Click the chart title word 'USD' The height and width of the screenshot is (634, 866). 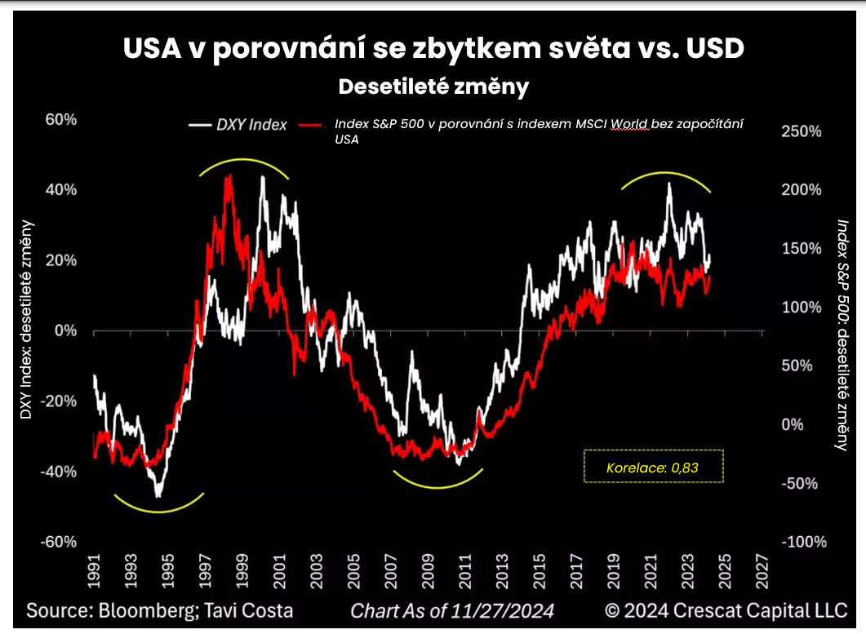[704, 48]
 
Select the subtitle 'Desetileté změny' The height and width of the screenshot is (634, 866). [433, 86]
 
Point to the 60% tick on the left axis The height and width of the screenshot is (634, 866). [61, 120]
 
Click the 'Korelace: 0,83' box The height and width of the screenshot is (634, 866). [653, 467]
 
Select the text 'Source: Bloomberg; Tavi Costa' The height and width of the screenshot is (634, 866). [159, 610]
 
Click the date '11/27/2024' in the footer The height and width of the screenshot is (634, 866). [504, 610]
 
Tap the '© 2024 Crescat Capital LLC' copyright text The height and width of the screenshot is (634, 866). [726, 610]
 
